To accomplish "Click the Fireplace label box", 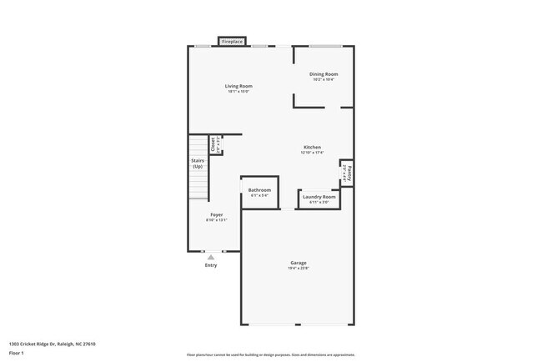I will [x=232, y=41].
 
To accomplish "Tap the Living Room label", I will [x=238, y=86].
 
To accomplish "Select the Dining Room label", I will [x=324, y=74].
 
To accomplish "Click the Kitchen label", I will [x=312, y=148].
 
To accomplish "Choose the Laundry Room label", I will [x=319, y=197].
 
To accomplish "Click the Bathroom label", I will [x=259, y=190].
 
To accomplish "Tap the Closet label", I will [x=213, y=144].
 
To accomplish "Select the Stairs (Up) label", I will [x=198, y=163].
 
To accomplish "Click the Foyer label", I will [x=216, y=214].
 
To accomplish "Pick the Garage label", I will [x=299, y=263].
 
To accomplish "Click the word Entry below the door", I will [x=211, y=265].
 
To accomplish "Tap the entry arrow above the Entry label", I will [x=211, y=258].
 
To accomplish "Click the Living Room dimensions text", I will [x=238, y=92].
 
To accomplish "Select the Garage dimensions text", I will [x=299, y=269].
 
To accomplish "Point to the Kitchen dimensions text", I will [x=312, y=153].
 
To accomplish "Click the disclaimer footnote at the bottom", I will [x=270, y=354].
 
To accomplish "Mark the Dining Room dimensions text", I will [x=324, y=80].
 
